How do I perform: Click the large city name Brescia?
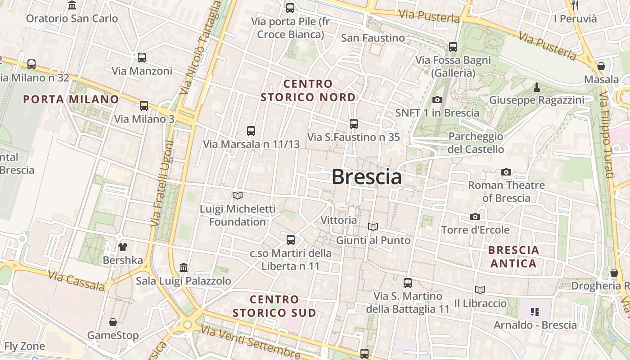[367, 177]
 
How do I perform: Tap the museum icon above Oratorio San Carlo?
[72, 5]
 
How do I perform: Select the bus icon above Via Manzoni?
[142, 58]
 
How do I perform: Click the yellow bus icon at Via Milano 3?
[144, 106]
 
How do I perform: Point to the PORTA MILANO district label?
[71, 99]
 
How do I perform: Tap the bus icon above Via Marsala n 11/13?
[251, 131]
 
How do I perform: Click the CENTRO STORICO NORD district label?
[308, 90]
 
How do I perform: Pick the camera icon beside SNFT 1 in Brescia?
[437, 99]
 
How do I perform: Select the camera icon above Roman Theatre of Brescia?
[506, 172]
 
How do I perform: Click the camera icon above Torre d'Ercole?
[475, 217]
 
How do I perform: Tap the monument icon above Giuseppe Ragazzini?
[536, 87]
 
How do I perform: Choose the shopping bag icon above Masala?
[601, 67]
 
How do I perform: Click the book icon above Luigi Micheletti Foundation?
[238, 195]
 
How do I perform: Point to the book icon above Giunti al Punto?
[373, 227]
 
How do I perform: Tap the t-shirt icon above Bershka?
[122, 247]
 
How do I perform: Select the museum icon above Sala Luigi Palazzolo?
[184, 268]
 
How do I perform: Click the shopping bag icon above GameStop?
[113, 322]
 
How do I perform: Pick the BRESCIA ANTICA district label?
[513, 256]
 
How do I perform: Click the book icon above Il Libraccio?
[480, 290]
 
